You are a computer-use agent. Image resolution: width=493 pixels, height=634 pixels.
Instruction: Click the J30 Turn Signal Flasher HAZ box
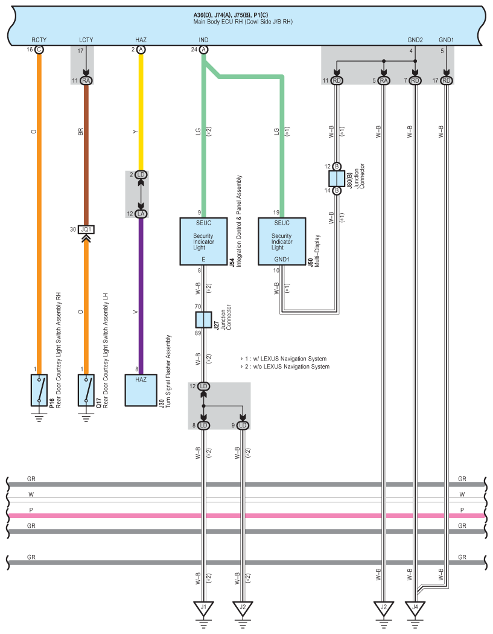coord(141,390)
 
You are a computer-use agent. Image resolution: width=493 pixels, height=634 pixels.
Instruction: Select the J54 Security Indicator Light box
coord(203,242)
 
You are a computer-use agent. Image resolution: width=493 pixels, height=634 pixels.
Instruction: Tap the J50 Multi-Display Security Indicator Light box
coord(282,242)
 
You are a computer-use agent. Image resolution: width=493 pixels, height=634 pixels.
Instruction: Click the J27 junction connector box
coord(203,319)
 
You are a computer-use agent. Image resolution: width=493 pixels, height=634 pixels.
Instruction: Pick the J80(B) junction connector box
coord(337,178)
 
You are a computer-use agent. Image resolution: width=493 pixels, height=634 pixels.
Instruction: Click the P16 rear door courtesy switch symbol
coord(39,390)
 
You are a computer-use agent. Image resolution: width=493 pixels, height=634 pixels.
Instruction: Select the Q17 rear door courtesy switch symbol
coord(86,390)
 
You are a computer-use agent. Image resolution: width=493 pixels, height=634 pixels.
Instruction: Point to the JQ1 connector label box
coord(86,229)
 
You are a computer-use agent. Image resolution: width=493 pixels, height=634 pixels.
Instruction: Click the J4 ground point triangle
coord(415,607)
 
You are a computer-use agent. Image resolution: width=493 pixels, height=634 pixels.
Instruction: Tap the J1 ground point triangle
coord(203,607)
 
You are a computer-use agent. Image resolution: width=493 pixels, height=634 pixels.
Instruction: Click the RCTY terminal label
coord(39,40)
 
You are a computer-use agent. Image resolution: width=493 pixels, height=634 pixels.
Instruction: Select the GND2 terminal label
coord(415,40)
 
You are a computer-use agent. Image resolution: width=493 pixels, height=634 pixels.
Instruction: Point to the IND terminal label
coord(203,40)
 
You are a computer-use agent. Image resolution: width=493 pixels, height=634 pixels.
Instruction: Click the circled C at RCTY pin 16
coord(39,50)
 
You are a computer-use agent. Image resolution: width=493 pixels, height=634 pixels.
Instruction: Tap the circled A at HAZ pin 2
coord(141,50)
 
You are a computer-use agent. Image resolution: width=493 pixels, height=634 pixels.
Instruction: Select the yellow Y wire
coord(141,112)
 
